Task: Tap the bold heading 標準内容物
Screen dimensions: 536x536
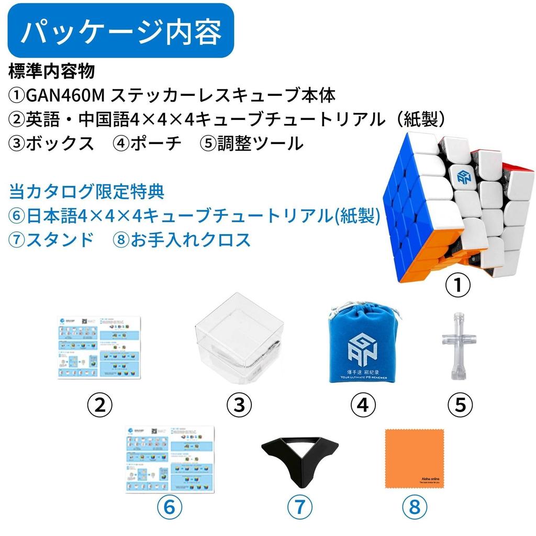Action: [52, 70]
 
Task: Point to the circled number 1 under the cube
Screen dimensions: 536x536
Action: [459, 286]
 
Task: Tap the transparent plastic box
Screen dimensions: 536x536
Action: [239, 341]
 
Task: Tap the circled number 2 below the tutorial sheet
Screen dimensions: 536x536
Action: [99, 404]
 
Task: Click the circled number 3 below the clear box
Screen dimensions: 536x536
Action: [239, 404]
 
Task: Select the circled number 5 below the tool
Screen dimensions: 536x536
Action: [461, 404]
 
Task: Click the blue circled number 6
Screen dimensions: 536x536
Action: [170, 507]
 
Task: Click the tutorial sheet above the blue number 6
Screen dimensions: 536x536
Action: [170, 460]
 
